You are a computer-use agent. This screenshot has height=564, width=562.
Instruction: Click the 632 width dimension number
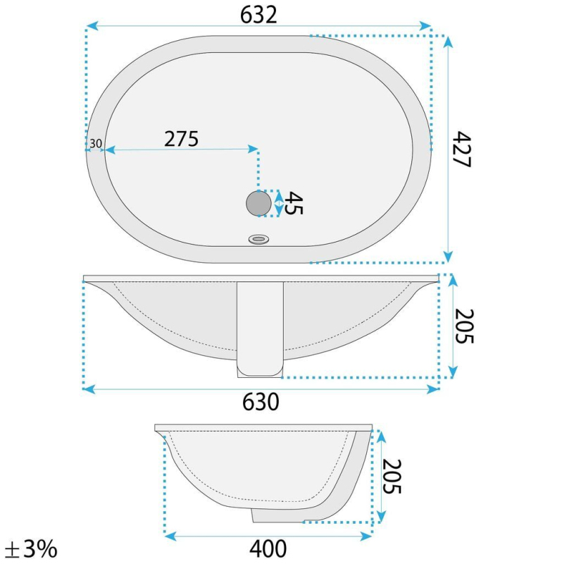[x=258, y=15]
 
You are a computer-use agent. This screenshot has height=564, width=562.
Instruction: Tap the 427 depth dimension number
[x=462, y=149]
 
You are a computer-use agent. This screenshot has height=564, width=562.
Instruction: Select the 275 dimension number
[x=181, y=139]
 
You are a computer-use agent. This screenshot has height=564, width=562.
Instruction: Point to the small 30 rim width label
[x=96, y=144]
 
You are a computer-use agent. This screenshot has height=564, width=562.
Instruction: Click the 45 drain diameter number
[x=294, y=203]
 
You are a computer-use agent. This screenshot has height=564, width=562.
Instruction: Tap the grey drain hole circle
[x=258, y=203]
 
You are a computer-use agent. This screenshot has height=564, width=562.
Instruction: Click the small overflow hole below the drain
[x=258, y=239]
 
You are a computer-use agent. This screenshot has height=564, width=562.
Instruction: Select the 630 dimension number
[x=261, y=402]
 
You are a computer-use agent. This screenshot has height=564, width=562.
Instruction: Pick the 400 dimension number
[x=268, y=549]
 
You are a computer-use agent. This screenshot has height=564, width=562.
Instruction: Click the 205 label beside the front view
[x=464, y=326]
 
